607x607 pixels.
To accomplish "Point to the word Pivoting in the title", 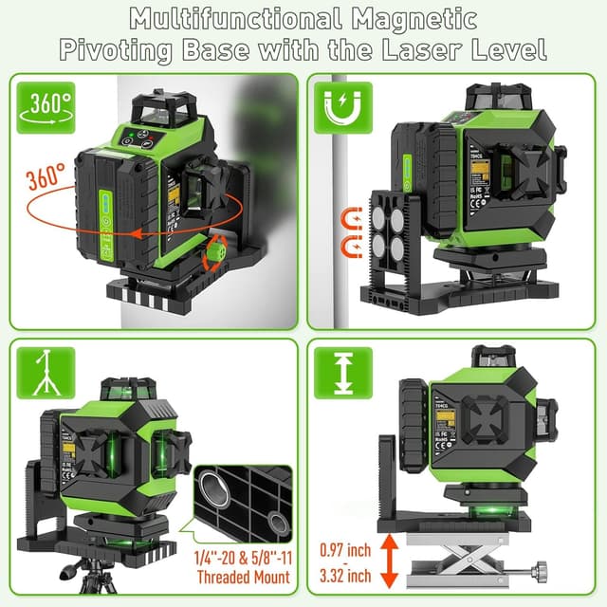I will (112, 49).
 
